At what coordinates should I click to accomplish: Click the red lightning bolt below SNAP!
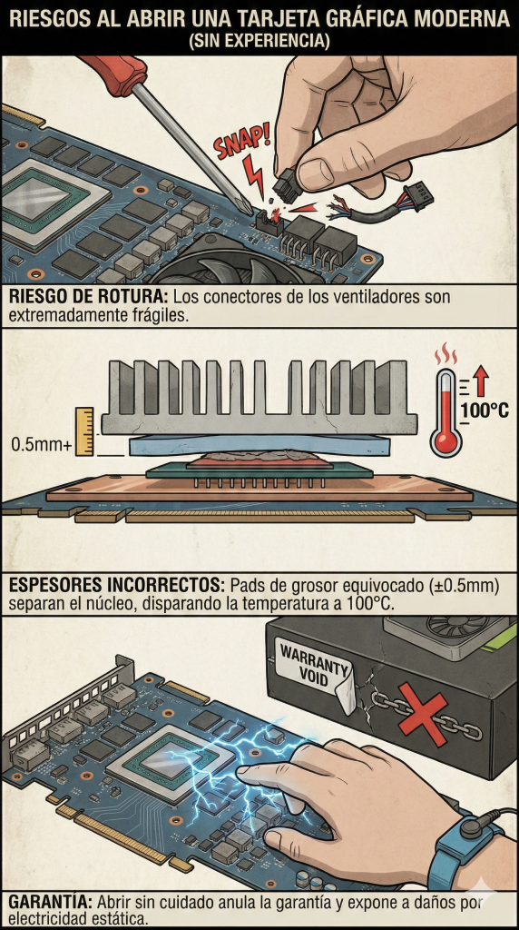pyautogui.click(x=254, y=175)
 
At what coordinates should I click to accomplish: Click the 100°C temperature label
pyautogui.click(x=485, y=410)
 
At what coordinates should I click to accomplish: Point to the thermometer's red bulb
pyautogui.click(x=446, y=440)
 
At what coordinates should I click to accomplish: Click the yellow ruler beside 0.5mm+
pyautogui.click(x=84, y=431)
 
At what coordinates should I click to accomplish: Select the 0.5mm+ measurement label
pyautogui.click(x=40, y=444)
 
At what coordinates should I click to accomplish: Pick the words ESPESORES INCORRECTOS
pyautogui.click(x=116, y=586)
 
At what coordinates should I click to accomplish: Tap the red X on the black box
pyautogui.click(x=424, y=714)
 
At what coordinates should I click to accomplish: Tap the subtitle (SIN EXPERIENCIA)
pyautogui.click(x=259, y=42)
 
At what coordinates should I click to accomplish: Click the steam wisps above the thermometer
pyautogui.click(x=446, y=356)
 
